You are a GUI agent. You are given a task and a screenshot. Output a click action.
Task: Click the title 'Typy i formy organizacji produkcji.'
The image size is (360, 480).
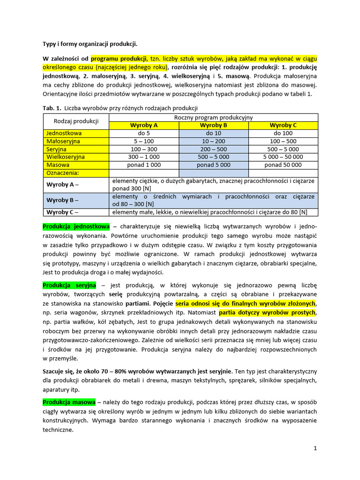tap(90, 45)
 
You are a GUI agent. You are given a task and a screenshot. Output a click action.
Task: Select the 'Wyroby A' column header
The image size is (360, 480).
tap(143, 125)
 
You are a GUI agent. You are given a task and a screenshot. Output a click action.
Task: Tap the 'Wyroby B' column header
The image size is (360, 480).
tap(213, 125)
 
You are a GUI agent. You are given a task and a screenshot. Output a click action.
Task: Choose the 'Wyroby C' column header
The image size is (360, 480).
tap(283, 125)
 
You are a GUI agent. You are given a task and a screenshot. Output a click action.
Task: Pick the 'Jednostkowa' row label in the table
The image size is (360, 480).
tap(64, 133)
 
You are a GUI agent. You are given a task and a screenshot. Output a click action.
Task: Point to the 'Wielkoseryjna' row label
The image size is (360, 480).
tap(66, 157)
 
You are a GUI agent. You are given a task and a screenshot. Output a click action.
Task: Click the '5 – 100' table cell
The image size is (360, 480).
tap(143, 141)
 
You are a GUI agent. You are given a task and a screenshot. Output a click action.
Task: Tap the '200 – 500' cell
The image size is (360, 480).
tap(213, 149)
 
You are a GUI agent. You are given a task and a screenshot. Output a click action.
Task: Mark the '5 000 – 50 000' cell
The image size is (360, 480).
tap(283, 157)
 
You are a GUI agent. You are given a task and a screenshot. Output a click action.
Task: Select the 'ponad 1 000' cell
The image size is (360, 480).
tap(143, 165)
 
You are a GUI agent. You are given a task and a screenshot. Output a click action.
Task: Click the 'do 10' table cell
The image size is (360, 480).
tap(213, 133)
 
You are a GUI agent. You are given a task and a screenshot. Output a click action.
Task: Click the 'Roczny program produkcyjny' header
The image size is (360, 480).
tap(213, 118)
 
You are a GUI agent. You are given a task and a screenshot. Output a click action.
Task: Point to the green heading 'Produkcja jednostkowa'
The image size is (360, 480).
tap(76, 226)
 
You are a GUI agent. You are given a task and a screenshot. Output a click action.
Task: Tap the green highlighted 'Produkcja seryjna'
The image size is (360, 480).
tap(69, 285)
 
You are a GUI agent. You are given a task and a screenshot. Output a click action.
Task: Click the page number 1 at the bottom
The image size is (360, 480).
tap(315, 448)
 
